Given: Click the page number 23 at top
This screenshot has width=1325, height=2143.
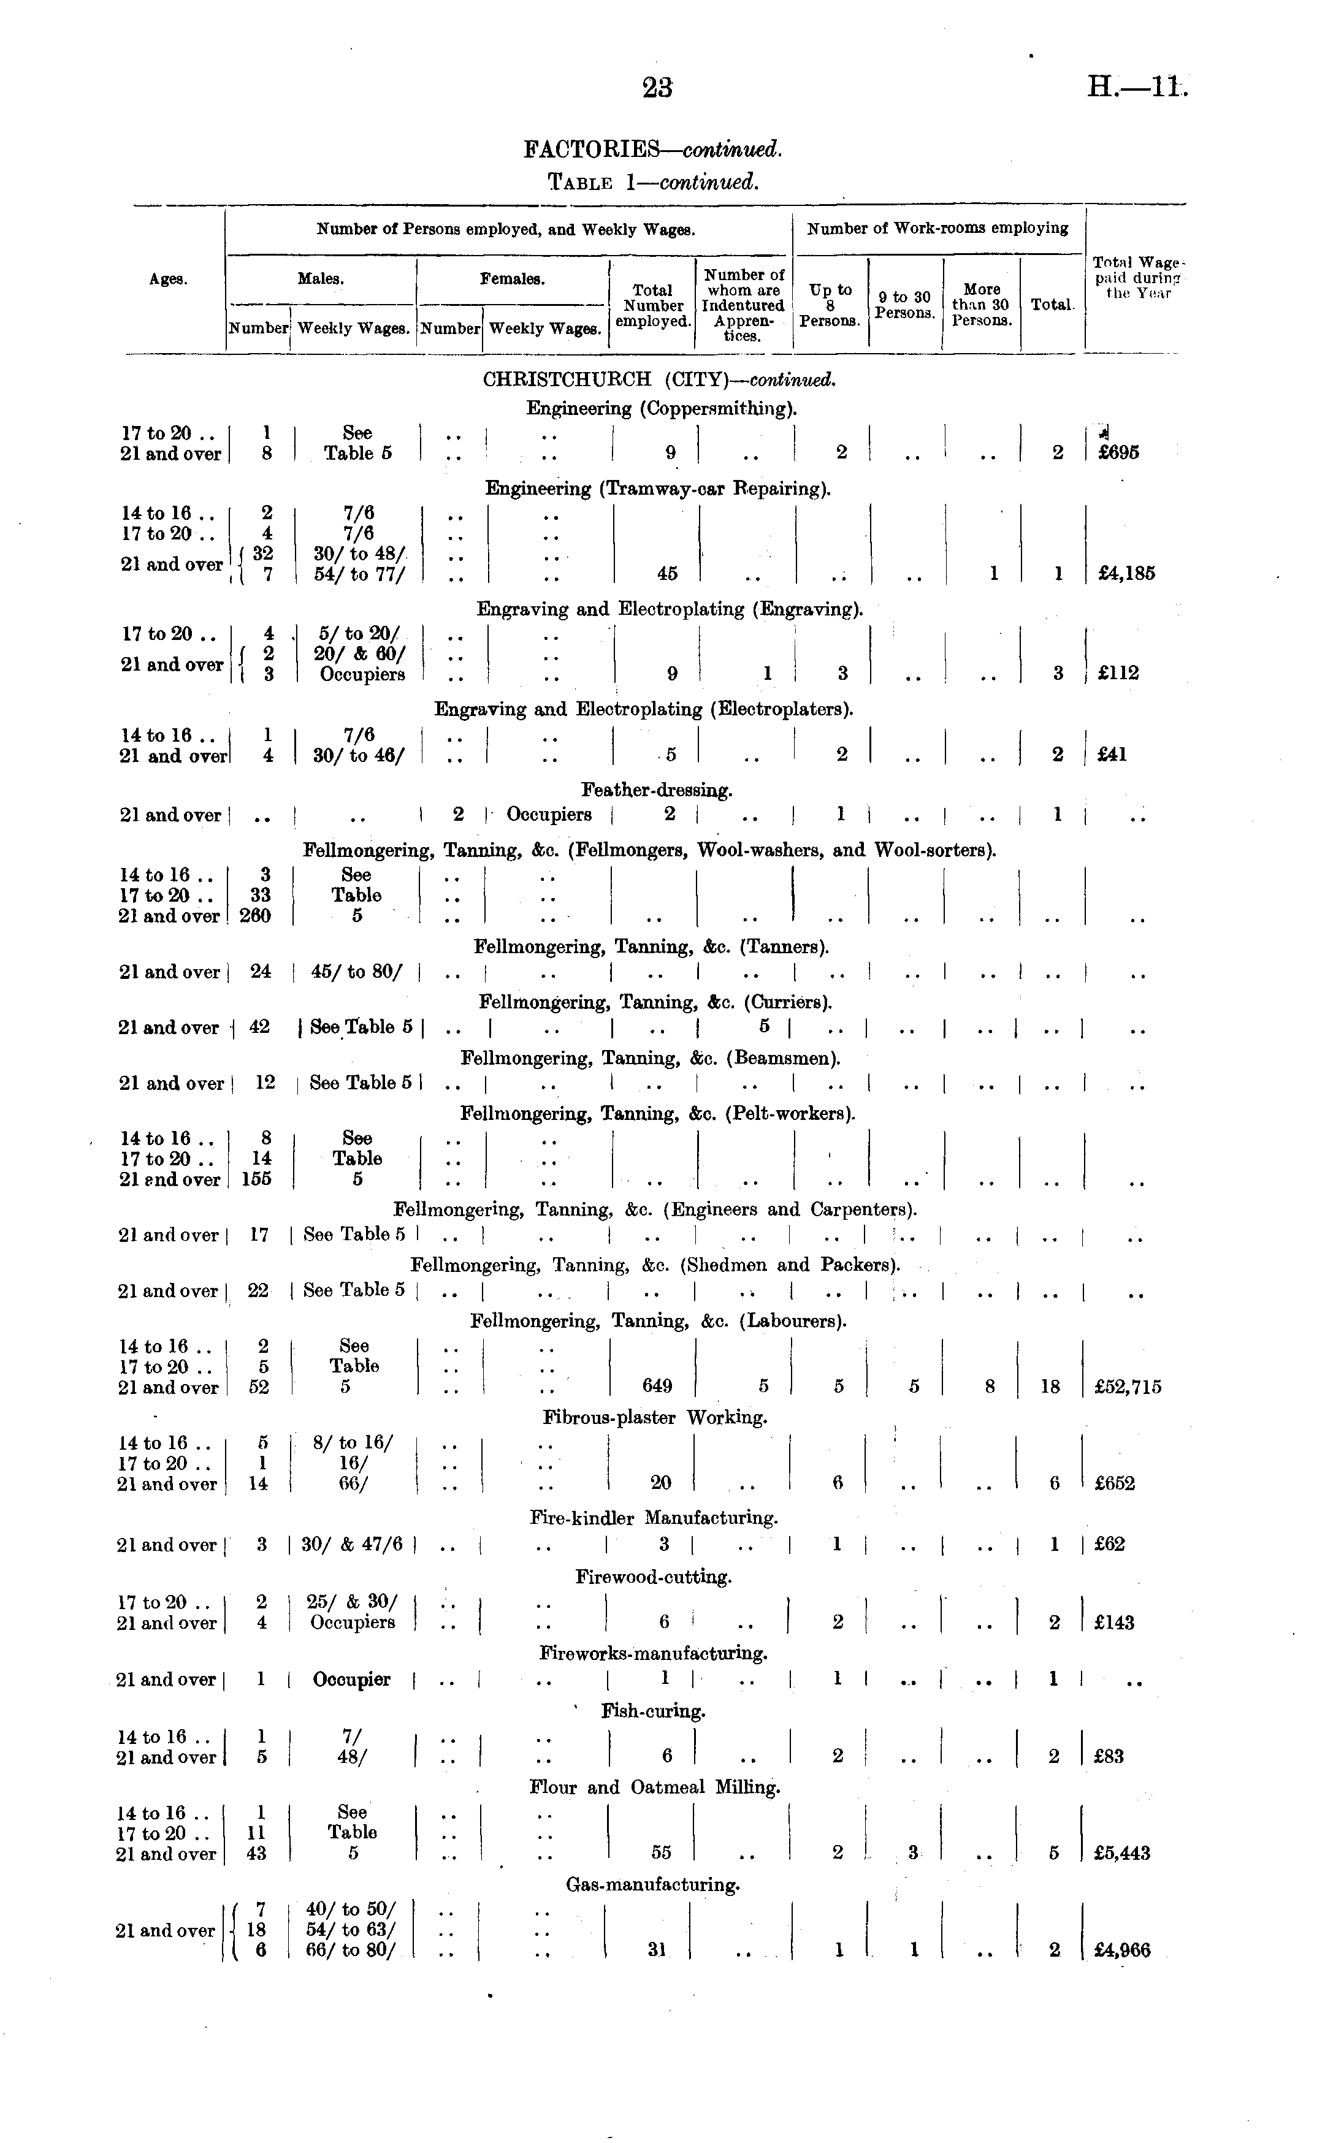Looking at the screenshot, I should [657, 88].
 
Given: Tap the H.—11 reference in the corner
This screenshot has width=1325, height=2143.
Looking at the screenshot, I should [1137, 88].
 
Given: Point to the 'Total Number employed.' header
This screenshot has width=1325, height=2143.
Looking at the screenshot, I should [653, 305].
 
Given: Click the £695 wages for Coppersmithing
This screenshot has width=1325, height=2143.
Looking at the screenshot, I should [1118, 453].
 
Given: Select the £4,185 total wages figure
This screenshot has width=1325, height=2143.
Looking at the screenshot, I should [1126, 574].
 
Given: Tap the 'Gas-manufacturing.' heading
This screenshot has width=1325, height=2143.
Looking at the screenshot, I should [653, 1884].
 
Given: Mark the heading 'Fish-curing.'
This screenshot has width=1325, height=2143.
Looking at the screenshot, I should [653, 1711].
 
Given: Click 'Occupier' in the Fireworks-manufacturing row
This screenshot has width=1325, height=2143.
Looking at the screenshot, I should [351, 1680].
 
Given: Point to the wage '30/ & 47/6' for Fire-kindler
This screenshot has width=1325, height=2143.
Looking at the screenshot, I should [351, 1545].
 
